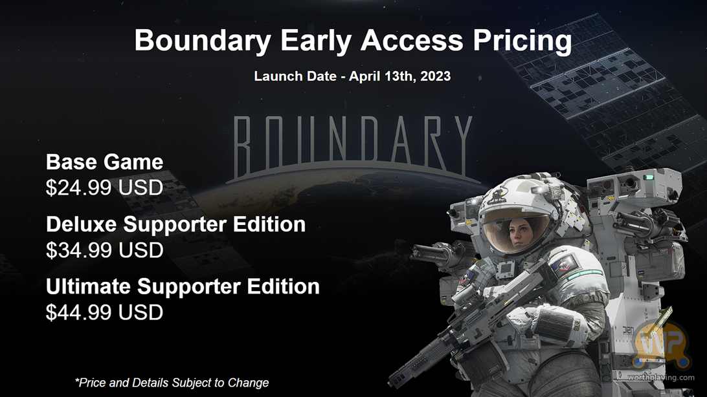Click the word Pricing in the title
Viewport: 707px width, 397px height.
pos(522,41)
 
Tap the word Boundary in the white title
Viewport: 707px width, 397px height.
pos(203,41)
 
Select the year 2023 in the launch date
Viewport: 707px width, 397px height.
pos(436,76)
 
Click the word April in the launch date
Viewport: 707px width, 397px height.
pos(365,76)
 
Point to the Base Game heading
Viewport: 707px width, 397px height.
pos(105,162)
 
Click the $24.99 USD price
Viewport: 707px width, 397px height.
pos(105,188)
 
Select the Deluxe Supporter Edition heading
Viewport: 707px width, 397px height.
pos(176,224)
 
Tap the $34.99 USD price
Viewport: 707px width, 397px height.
pos(105,250)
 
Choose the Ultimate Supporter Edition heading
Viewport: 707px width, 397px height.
pos(183,286)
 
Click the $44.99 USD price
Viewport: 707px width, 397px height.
pos(105,312)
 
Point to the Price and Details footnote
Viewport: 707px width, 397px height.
pos(172,383)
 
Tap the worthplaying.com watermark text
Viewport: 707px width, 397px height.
pos(661,377)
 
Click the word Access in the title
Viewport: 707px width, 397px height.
pos(412,41)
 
